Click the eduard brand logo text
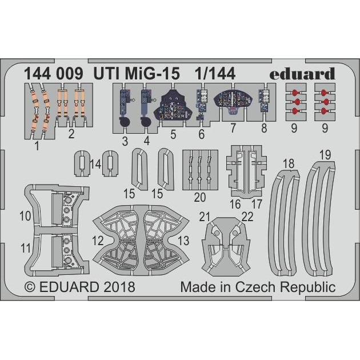(302, 74)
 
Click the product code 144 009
(54, 74)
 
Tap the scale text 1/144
(215, 74)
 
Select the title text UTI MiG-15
(137, 74)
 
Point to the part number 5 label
(173, 134)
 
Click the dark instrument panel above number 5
(174, 106)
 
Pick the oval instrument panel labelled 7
(233, 101)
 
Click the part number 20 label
(200, 197)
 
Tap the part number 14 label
(95, 164)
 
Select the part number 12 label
(98, 241)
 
